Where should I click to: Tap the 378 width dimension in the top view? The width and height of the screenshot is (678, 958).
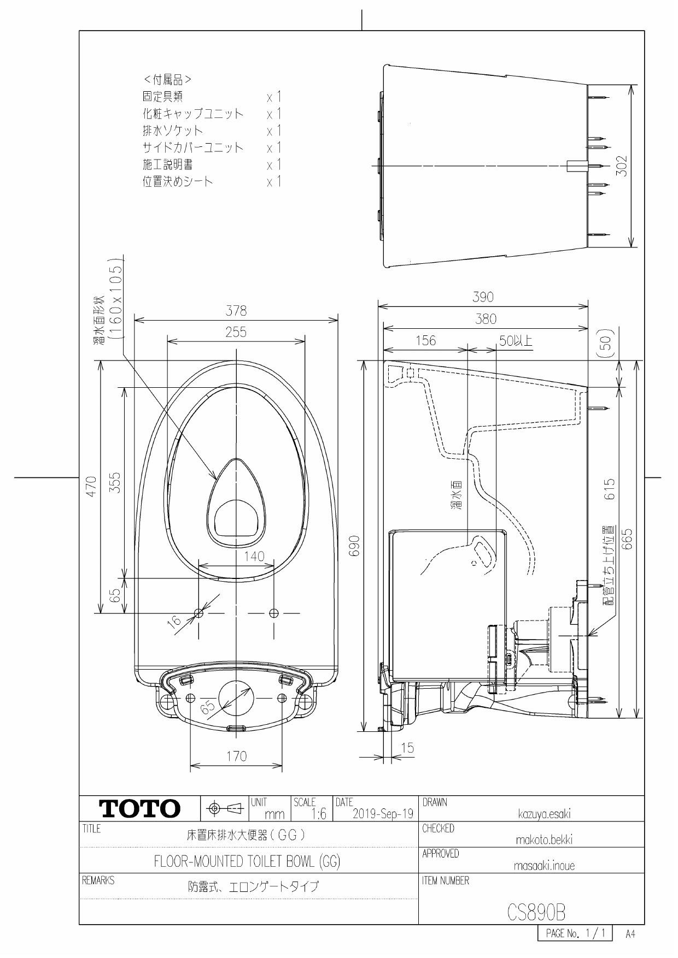pyautogui.click(x=236, y=311)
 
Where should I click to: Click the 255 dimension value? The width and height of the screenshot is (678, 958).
pyautogui.click(x=236, y=332)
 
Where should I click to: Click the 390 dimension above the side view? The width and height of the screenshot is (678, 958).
pyautogui.click(x=483, y=297)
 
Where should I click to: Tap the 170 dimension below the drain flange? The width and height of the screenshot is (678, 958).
pyautogui.click(x=236, y=756)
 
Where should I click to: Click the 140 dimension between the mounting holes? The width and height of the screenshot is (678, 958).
pyautogui.click(x=254, y=556)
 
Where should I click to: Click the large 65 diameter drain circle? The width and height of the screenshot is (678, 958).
pyautogui.click(x=236, y=699)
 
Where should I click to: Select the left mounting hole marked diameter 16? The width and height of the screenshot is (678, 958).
pyautogui.click(x=199, y=613)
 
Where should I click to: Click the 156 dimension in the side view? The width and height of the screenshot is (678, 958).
pyautogui.click(x=426, y=341)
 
